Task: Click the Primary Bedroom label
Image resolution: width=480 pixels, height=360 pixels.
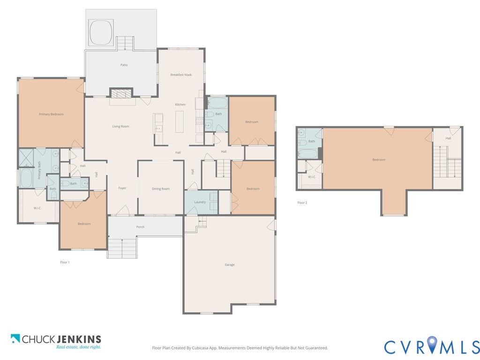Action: click(x=51, y=114)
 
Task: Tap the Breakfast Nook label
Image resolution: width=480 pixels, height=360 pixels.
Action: click(x=181, y=75)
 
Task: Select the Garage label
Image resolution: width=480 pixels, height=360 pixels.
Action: click(x=230, y=265)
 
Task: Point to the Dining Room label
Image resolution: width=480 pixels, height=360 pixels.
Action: click(x=161, y=189)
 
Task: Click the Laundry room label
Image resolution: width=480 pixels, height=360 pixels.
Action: click(x=200, y=202)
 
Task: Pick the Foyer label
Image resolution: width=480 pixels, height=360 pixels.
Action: click(x=122, y=188)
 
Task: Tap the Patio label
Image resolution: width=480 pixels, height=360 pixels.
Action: click(x=124, y=65)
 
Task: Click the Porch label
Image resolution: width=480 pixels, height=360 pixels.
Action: click(x=140, y=227)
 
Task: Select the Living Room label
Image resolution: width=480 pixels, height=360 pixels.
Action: click(x=120, y=127)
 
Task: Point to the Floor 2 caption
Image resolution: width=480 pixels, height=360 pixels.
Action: click(x=302, y=202)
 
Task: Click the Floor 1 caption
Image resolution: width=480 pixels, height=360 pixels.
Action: click(x=65, y=262)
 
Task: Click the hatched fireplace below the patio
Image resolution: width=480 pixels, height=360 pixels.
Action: click(x=121, y=93)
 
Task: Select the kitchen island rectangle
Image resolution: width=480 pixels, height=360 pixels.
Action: click(x=180, y=122)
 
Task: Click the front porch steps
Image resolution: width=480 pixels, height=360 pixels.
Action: click(x=122, y=248)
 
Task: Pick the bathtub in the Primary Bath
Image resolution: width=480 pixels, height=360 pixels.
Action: click(x=26, y=178)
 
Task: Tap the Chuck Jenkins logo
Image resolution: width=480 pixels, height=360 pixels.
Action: click(x=56, y=342)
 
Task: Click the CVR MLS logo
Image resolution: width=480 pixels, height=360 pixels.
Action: click(x=432, y=345)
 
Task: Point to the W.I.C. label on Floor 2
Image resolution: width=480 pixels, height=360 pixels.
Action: click(x=312, y=177)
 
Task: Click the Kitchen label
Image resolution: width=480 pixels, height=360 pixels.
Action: click(x=180, y=105)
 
